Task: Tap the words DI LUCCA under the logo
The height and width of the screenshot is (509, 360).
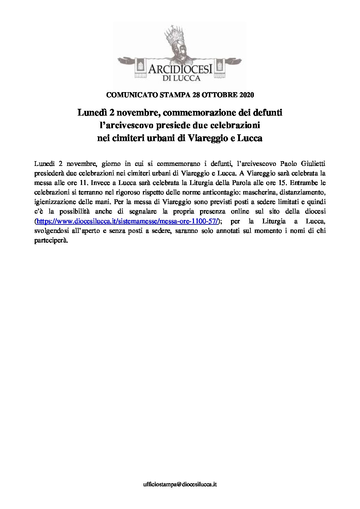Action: click(x=180, y=78)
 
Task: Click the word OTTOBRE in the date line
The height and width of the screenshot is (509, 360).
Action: click(x=218, y=95)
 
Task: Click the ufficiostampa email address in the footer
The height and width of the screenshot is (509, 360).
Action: click(x=180, y=485)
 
